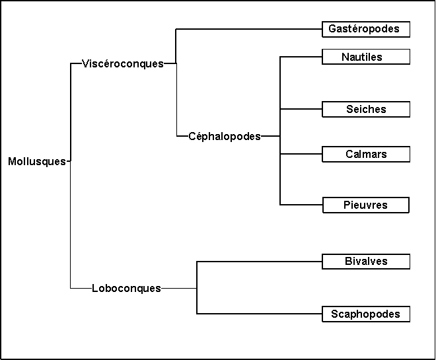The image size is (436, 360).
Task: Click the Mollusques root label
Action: click(37, 161)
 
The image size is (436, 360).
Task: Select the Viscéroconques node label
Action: click(122, 64)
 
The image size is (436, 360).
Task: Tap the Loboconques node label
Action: click(126, 288)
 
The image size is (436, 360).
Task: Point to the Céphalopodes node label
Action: click(224, 137)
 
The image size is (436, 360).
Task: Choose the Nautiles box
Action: click(366, 57)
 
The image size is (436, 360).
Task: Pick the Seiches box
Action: click(366, 109)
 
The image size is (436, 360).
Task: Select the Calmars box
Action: click(366, 154)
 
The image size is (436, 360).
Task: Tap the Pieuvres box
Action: click(366, 205)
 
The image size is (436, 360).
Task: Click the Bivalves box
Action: click(366, 261)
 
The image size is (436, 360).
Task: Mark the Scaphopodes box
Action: click(366, 314)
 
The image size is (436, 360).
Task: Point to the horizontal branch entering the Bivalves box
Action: click(259, 262)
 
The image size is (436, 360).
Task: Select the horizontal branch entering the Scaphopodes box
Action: click(259, 314)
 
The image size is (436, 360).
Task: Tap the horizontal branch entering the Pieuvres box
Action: click(301, 205)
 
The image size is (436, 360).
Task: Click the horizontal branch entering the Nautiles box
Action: click(301, 57)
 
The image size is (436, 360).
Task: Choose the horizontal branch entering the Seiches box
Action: click(301, 109)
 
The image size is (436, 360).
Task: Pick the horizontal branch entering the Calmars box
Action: click(301, 154)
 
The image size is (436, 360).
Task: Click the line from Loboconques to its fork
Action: click(179, 288)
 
